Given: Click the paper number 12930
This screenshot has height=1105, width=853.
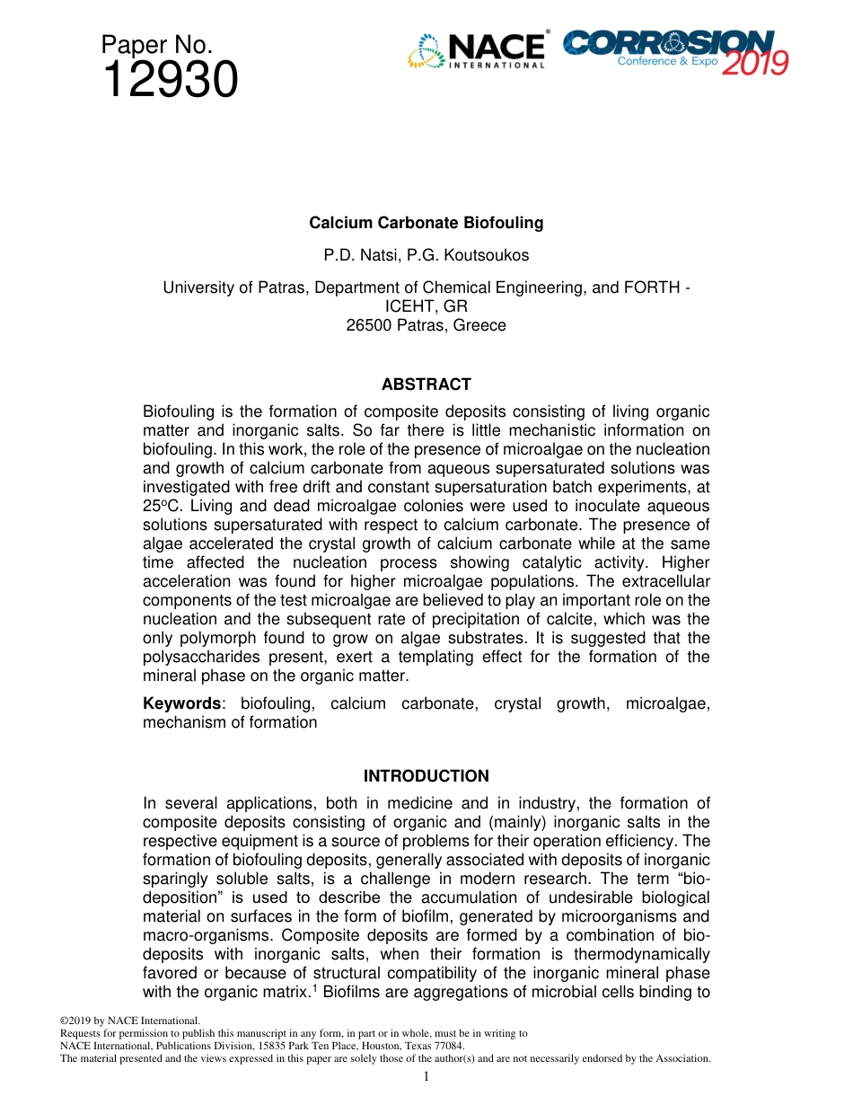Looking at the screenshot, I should [170, 80].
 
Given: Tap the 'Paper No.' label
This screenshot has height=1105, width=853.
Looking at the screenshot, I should [156, 45].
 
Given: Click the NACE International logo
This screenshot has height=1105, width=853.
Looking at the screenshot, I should [477, 51].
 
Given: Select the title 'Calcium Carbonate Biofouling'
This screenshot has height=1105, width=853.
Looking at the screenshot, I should [426, 223].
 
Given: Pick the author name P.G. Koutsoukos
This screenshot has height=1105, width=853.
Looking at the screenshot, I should [473, 255].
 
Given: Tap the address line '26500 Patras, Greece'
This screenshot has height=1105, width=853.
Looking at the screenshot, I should [426, 325].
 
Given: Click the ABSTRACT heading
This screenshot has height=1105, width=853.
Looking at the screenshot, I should [426, 385].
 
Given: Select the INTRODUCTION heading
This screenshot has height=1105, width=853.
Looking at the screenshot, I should [426, 776].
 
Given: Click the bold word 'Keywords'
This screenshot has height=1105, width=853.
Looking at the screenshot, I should [181, 703].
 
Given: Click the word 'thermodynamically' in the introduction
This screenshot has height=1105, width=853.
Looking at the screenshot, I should [645, 955].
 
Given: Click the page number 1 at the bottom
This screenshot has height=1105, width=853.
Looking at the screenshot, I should [426, 1077].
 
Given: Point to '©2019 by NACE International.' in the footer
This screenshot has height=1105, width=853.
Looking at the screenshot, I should [129, 1021].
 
